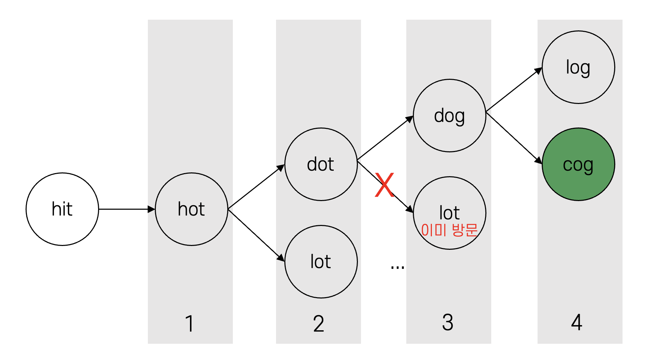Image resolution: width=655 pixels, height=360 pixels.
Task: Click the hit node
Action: tap(62, 209)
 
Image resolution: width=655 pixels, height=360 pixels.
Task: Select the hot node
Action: tap(191, 209)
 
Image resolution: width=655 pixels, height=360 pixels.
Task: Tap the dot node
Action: tap(321, 164)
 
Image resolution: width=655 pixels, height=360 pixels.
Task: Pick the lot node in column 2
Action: tap(321, 262)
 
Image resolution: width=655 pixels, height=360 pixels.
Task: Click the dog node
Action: tap(449, 115)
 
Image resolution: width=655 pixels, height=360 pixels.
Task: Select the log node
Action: tap(578, 67)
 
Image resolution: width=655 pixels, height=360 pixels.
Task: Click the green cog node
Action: tap(578, 164)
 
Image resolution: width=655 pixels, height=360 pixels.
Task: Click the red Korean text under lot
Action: tap(449, 230)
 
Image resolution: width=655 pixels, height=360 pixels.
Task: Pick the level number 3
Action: tap(448, 322)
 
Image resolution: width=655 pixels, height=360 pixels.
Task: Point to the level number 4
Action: tap(577, 322)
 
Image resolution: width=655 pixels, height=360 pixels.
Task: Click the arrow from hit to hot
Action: tap(126, 209)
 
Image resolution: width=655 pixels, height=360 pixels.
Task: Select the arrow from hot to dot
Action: tap(256, 187)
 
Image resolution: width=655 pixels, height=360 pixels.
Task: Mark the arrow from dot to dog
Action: tap(385, 138)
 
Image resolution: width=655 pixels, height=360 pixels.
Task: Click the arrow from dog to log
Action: tap(514, 90)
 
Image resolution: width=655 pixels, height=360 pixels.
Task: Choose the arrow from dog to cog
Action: tap(514, 138)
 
